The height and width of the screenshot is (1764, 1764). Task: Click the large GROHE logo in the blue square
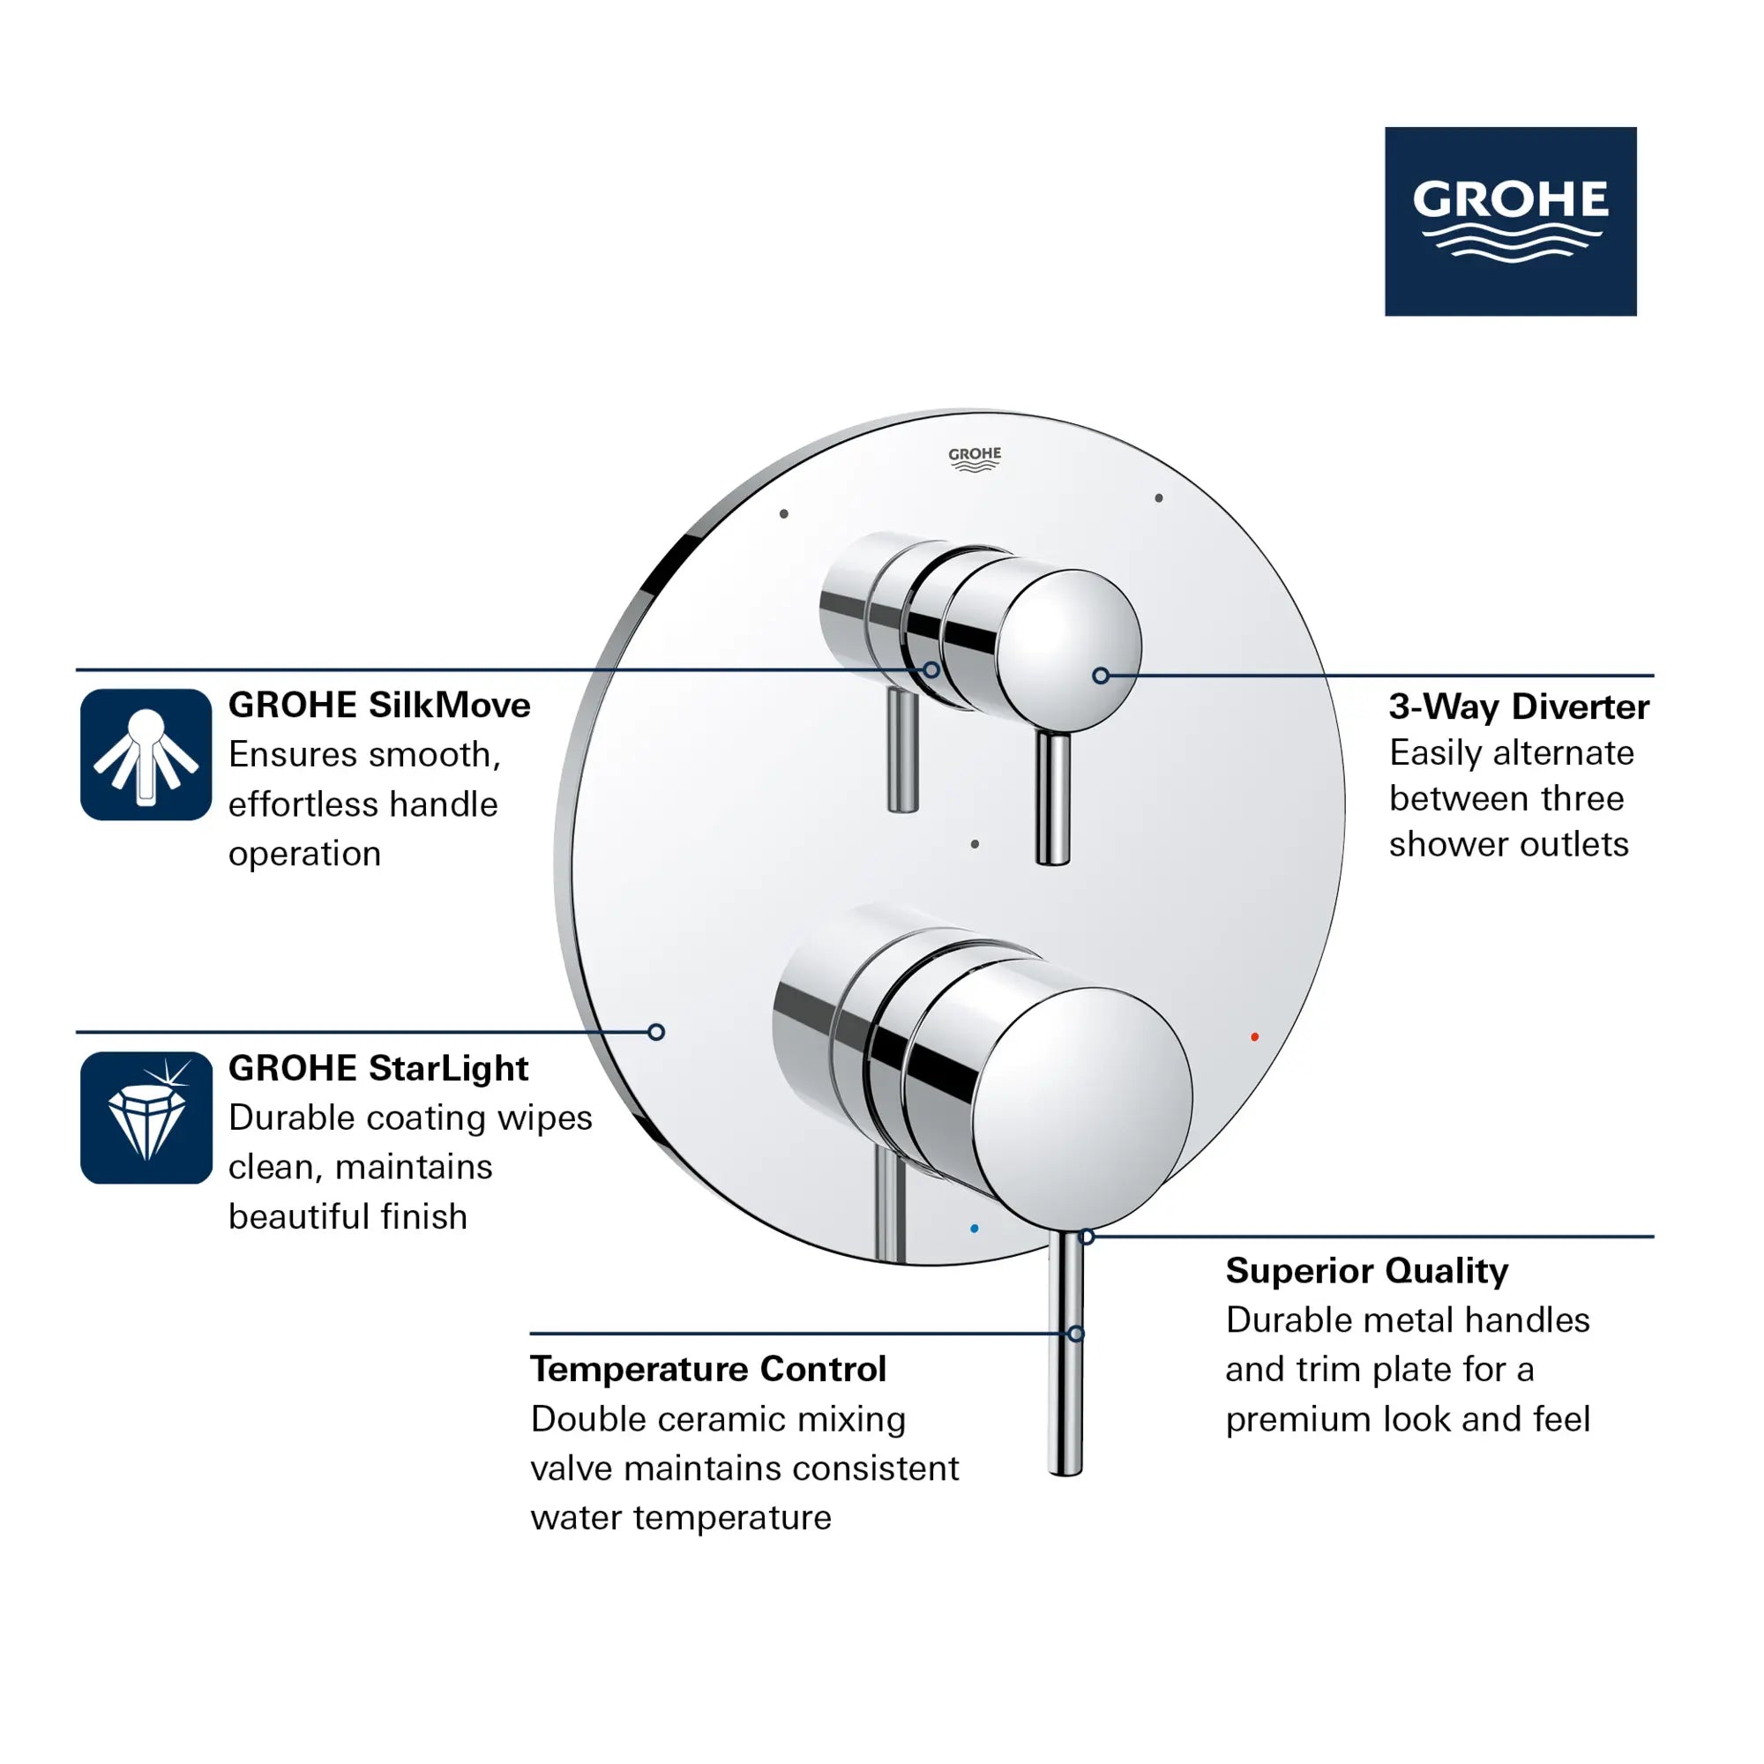(1510, 221)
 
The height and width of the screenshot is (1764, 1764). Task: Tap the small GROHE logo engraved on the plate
(975, 459)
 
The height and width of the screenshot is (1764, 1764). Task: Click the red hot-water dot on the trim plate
(1254, 1036)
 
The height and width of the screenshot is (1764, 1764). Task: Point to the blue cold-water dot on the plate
(975, 1228)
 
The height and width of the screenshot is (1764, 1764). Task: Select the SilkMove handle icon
(146, 754)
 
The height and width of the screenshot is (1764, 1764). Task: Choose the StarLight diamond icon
(146, 1117)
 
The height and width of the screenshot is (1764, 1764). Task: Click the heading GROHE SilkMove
(379, 705)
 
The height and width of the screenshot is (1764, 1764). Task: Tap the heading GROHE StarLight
(378, 1067)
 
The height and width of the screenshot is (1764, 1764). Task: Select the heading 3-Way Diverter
(1519, 706)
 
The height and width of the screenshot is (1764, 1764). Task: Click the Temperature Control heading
(707, 1369)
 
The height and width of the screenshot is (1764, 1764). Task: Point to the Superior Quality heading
(1366, 1270)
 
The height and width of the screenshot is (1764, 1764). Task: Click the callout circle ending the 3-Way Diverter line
(1100, 676)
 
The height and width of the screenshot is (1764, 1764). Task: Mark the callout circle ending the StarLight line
(656, 1032)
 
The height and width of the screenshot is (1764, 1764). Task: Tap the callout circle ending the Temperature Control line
(1075, 1334)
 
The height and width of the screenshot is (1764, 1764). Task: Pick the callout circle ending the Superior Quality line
(1087, 1237)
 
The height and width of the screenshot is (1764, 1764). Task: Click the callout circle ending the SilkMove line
(931, 670)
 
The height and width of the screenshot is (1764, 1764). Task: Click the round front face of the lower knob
(1082, 1108)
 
